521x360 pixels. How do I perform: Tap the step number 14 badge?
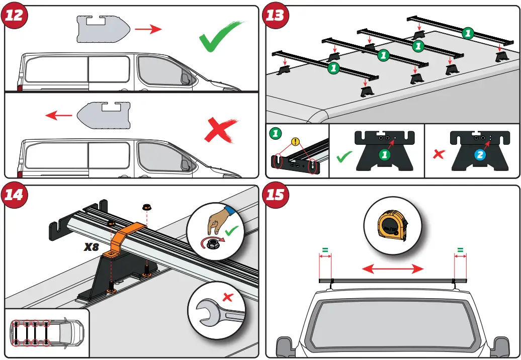14,194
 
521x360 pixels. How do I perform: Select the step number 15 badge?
275,194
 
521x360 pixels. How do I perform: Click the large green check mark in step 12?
220,37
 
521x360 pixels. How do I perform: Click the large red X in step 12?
220,131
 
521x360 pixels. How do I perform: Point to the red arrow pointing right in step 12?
148,30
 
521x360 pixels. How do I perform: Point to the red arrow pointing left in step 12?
59,116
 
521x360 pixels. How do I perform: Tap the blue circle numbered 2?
480,155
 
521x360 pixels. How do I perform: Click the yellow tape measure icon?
392,224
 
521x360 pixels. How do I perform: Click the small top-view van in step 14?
46,332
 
